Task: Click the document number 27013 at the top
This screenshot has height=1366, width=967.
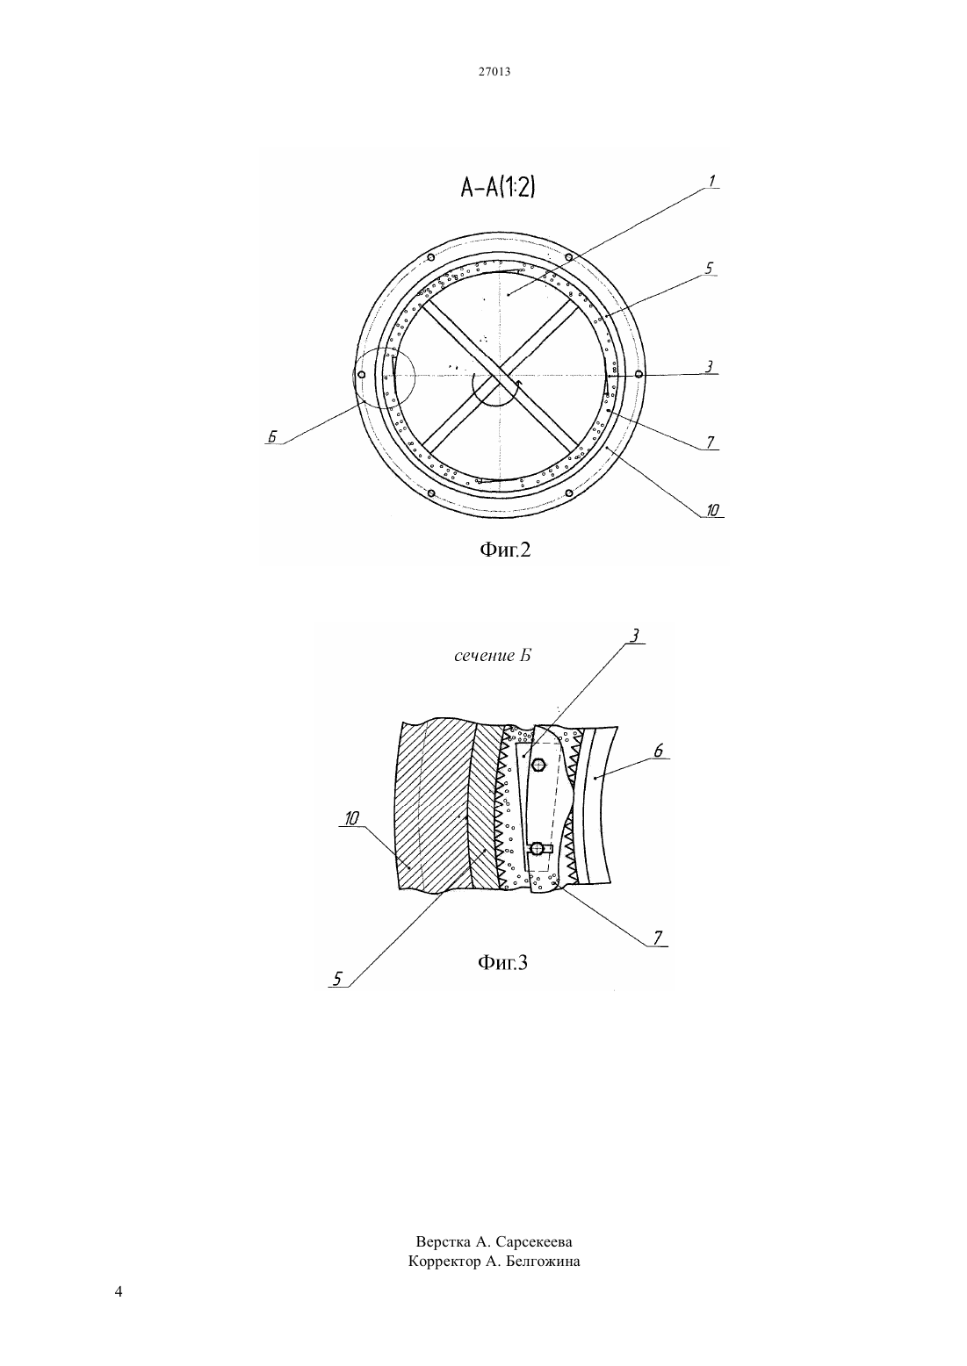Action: pos(494,71)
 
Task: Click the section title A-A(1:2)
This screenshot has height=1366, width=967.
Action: pos(498,187)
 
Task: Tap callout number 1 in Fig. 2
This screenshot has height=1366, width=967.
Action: pos(711,181)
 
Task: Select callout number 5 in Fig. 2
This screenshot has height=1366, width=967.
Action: pos(709,269)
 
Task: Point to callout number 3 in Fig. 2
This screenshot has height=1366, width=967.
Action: pos(709,366)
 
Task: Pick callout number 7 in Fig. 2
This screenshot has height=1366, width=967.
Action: pos(711,442)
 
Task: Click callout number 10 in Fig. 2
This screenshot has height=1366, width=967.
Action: pos(712,510)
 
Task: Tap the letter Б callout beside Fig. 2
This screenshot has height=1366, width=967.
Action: pos(272,436)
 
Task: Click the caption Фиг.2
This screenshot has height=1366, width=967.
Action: pos(505,550)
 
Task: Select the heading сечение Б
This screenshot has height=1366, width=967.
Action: pos(493,656)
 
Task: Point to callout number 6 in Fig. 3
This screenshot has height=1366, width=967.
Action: pos(659,751)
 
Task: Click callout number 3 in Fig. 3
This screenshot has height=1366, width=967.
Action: pos(634,636)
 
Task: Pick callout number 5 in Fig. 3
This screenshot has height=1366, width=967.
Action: pos(337,979)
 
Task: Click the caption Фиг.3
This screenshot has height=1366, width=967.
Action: pos(502,963)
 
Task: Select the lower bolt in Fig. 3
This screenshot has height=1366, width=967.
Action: pos(538,848)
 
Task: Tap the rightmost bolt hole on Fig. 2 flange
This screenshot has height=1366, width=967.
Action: pos(639,374)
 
